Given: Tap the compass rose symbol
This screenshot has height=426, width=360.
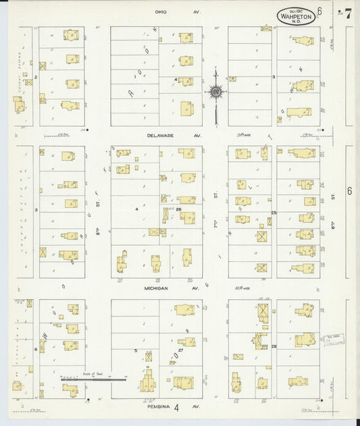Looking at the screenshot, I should tap(216, 92).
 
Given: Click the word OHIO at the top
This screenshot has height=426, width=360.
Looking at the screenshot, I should tap(161, 11).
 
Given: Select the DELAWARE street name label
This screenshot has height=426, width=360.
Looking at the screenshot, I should tap(161, 135).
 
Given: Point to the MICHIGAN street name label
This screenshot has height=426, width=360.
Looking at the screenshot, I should tap(156, 288).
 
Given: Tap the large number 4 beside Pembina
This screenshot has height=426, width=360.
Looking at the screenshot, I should tap(176, 407).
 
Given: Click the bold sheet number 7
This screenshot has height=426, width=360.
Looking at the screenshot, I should tap(347, 14).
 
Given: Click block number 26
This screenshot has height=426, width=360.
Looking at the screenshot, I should tap(180, 209).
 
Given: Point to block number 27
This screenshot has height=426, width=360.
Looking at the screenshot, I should tap(180, 350).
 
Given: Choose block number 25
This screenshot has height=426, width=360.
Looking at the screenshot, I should tap(274, 213).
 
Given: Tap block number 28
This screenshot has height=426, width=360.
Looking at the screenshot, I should tap(274, 346).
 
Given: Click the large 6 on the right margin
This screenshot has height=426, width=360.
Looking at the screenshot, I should tap(349, 191).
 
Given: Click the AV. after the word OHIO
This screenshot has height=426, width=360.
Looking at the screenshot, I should tap(196, 11).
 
